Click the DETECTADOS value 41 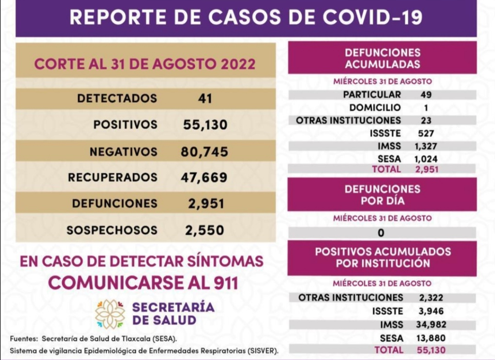204,98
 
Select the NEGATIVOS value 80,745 204,152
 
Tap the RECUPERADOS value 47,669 204,177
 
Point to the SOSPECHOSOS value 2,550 205,230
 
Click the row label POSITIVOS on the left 125,125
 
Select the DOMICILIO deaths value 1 425,108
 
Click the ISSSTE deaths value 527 426,134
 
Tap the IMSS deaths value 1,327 425,147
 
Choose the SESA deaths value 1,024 426,159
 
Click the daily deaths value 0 381,233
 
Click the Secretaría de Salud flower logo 110,314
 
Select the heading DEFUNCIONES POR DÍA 382,195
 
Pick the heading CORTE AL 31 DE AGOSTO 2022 145,64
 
